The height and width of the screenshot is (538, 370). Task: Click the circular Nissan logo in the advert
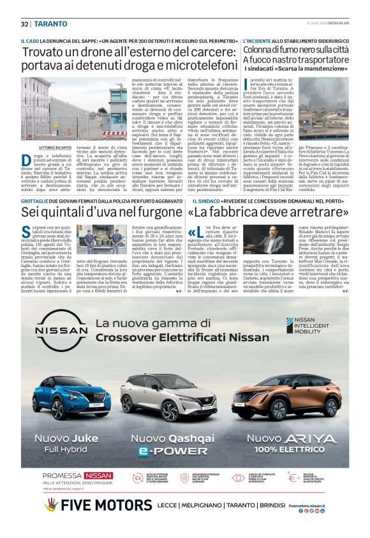click(x=60, y=330)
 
